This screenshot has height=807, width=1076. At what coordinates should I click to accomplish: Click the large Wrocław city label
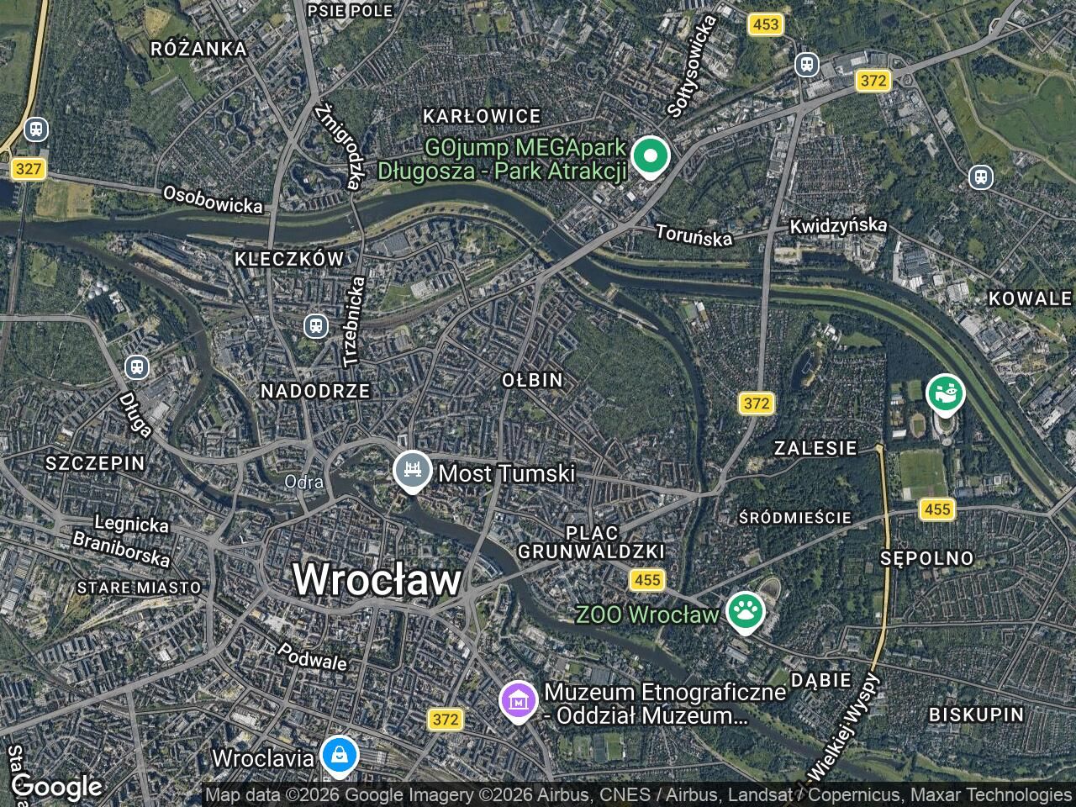(377, 580)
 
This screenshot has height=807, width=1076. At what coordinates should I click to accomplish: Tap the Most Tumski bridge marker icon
(412, 472)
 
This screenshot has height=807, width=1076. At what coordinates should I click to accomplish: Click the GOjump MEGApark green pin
(650, 156)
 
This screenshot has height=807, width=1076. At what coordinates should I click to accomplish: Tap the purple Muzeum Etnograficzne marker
(519, 700)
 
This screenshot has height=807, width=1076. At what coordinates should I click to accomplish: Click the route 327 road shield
(29, 169)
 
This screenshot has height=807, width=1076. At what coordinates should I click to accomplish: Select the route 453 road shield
(766, 24)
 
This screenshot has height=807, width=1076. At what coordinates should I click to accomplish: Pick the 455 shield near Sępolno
(936, 509)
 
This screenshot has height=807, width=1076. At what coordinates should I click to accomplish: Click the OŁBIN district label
(532, 380)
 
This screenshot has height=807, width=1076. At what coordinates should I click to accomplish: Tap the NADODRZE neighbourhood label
(315, 391)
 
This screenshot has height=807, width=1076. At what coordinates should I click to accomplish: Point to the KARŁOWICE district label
(482, 116)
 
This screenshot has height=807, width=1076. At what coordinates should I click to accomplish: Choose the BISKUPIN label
(976, 715)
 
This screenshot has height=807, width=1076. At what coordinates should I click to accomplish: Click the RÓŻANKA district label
(199, 49)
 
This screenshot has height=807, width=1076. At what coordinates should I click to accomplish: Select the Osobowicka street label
(213, 199)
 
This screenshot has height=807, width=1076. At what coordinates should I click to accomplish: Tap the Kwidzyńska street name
(838, 226)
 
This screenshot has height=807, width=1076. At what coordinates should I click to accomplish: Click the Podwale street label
(312, 657)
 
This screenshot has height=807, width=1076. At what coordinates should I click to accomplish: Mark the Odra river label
(304, 483)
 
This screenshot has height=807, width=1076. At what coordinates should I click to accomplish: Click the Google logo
(56, 787)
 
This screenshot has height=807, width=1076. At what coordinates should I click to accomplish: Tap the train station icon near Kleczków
(316, 325)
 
